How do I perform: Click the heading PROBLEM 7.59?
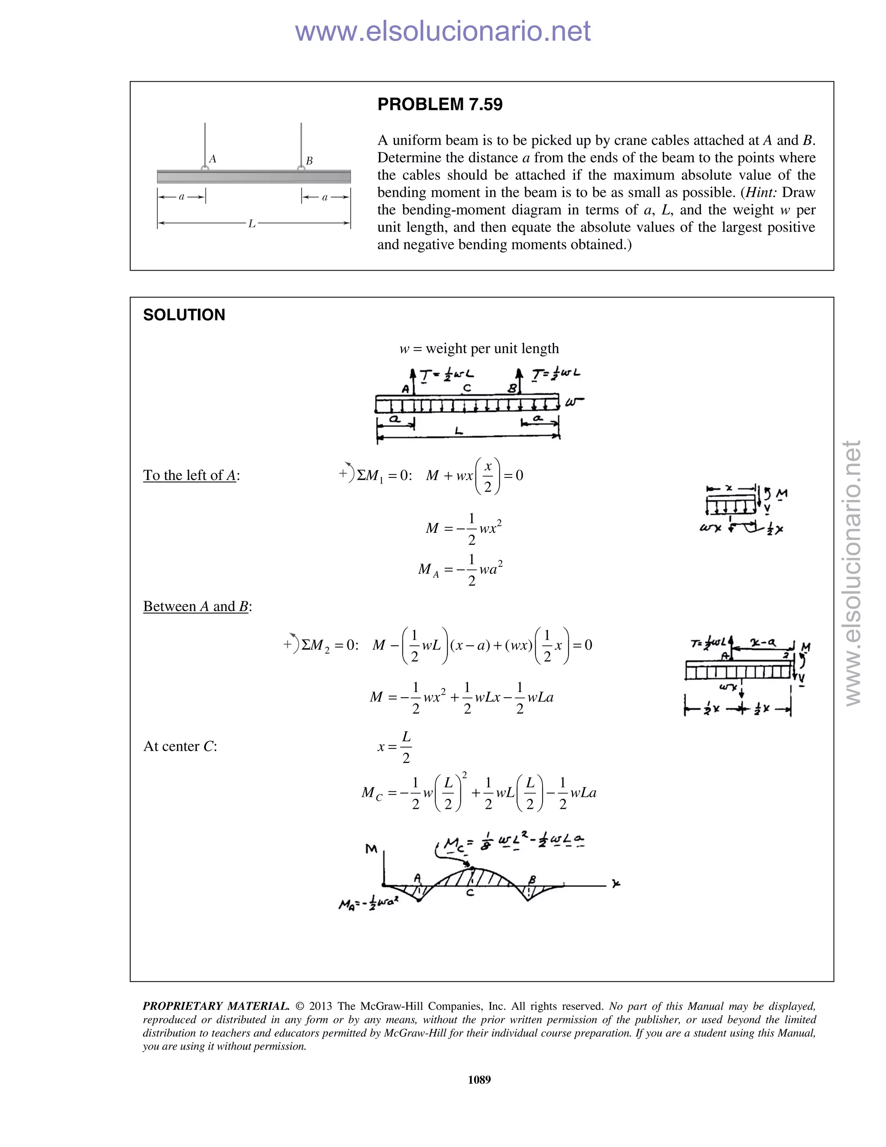(x=440, y=104)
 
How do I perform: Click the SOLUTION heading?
(x=184, y=315)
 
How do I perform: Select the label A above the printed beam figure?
(x=212, y=158)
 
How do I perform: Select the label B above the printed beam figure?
(x=309, y=161)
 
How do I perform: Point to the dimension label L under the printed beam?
(x=252, y=224)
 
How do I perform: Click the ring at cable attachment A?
(x=205, y=168)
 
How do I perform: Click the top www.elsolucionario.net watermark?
(x=443, y=31)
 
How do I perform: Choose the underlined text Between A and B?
(x=196, y=606)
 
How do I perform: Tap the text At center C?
(x=180, y=746)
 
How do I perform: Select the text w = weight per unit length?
(x=479, y=349)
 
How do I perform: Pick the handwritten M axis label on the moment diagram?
(x=372, y=849)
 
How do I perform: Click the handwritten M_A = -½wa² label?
(x=368, y=904)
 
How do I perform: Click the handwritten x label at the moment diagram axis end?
(x=616, y=884)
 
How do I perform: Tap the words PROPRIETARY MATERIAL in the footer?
(x=216, y=1006)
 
